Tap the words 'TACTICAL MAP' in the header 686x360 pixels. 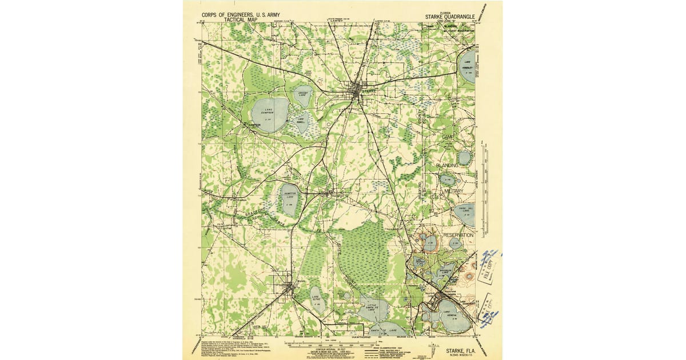241,20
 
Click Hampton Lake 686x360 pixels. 289,199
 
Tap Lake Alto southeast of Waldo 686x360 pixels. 317,298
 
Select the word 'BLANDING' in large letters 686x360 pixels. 447,165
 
